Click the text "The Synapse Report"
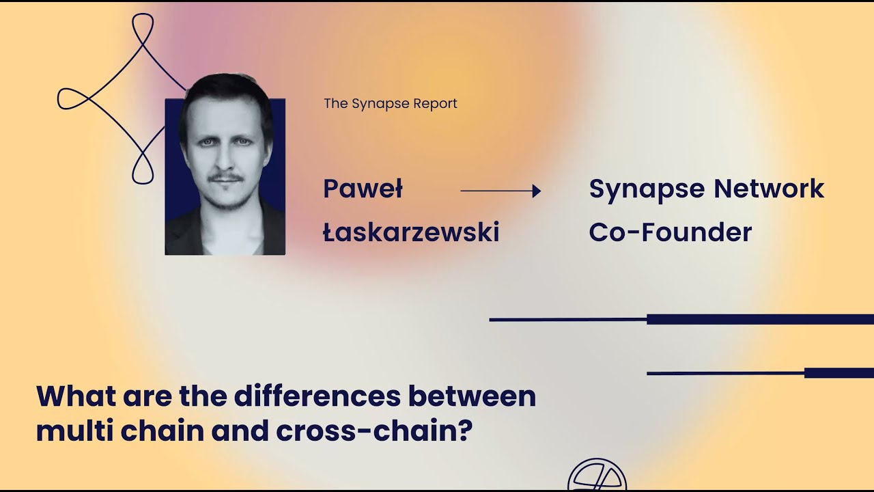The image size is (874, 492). [390, 104]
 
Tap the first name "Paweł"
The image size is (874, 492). [363, 189]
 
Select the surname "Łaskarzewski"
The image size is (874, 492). [411, 233]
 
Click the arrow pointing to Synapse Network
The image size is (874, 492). [501, 191]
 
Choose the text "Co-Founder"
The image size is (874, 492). [670, 233]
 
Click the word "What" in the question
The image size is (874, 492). [74, 396]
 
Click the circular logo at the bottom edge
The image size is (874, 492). [597, 477]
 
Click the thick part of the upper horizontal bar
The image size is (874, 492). [758, 319]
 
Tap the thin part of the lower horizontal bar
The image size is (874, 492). [724, 373]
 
